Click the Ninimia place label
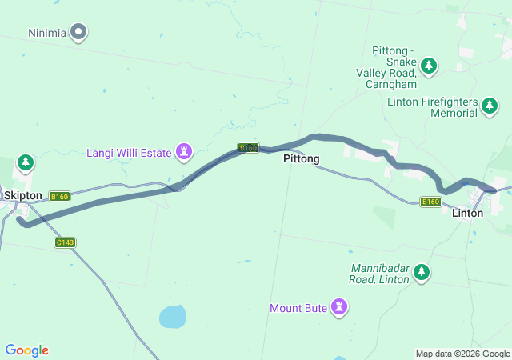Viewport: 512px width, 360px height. tap(46, 33)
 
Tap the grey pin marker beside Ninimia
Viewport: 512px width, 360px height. tap(78, 33)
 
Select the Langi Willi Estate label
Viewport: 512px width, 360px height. tap(129, 151)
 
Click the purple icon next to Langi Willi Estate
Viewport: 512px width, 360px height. tap(186, 150)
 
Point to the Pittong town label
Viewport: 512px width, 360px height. tap(301, 159)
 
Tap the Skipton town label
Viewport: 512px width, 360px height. tap(22, 195)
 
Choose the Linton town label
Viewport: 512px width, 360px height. tap(467, 214)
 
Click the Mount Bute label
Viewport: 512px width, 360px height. tap(298, 308)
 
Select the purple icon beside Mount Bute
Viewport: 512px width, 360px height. tap(339, 307)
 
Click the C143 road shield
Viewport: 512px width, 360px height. tap(65, 242)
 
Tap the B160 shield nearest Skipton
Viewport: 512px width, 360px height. tap(59, 196)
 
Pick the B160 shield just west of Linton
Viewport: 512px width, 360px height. tap(430, 202)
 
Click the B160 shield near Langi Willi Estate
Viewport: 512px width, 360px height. tap(248, 148)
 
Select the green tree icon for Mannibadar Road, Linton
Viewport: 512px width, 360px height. tap(421, 274)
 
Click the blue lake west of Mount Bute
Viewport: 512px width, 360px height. tap(172, 318)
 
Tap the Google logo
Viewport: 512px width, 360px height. tap(26, 350)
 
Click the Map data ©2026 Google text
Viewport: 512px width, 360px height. tap(462, 354)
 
